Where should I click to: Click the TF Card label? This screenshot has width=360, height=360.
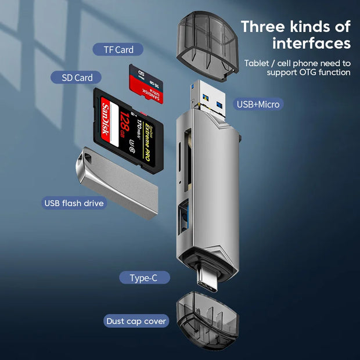(118, 49)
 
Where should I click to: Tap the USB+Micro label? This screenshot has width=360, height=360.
(258, 105)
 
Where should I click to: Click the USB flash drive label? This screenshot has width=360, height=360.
(74, 203)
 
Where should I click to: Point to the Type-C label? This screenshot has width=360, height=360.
(143, 278)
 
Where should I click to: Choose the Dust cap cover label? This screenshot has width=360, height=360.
(136, 321)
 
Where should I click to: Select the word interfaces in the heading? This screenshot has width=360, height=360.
(312, 44)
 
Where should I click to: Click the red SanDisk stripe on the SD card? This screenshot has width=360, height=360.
(105, 121)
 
